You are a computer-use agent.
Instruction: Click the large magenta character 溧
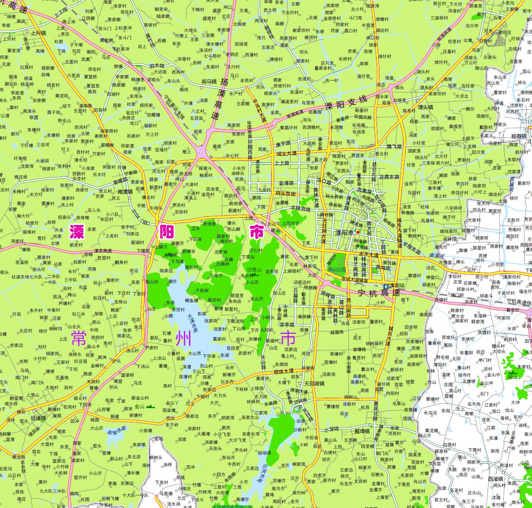coord(77,232)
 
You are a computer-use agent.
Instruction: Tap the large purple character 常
coord(78,338)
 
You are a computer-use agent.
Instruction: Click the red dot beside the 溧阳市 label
coord(358,232)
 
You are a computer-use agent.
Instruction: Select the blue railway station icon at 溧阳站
coord(385,286)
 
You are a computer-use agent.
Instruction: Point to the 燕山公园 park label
coord(336,269)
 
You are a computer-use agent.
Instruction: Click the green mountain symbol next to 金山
coord(150,406)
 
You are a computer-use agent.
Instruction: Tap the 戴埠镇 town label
coord(362,431)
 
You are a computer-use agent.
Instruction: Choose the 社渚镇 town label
coord(39,418)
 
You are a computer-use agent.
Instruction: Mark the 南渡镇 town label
coord(125,192)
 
